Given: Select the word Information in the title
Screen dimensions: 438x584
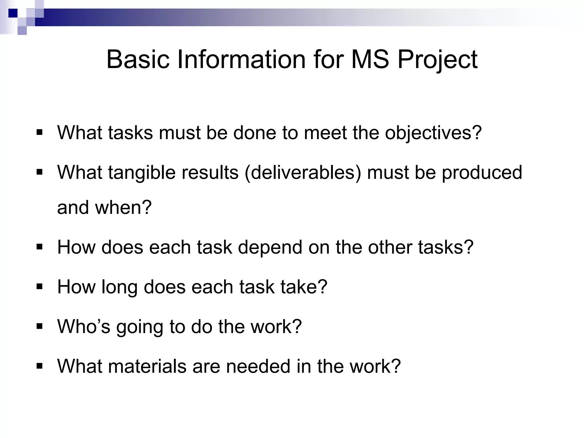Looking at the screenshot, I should pos(242,60).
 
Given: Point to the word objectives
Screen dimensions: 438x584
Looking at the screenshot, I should pos(433,133).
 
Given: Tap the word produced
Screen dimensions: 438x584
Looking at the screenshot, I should pos(482,173).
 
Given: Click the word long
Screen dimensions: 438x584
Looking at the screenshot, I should pos(119,287).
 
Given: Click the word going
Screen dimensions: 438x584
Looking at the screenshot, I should pos(139,327).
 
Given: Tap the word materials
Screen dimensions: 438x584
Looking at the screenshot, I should pos(147,366).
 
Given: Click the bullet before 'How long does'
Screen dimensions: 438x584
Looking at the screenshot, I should pos(40,286).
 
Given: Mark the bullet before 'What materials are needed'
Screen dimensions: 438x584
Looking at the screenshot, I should pos(40,366).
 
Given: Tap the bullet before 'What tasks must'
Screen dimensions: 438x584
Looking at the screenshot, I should pos(40,132).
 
